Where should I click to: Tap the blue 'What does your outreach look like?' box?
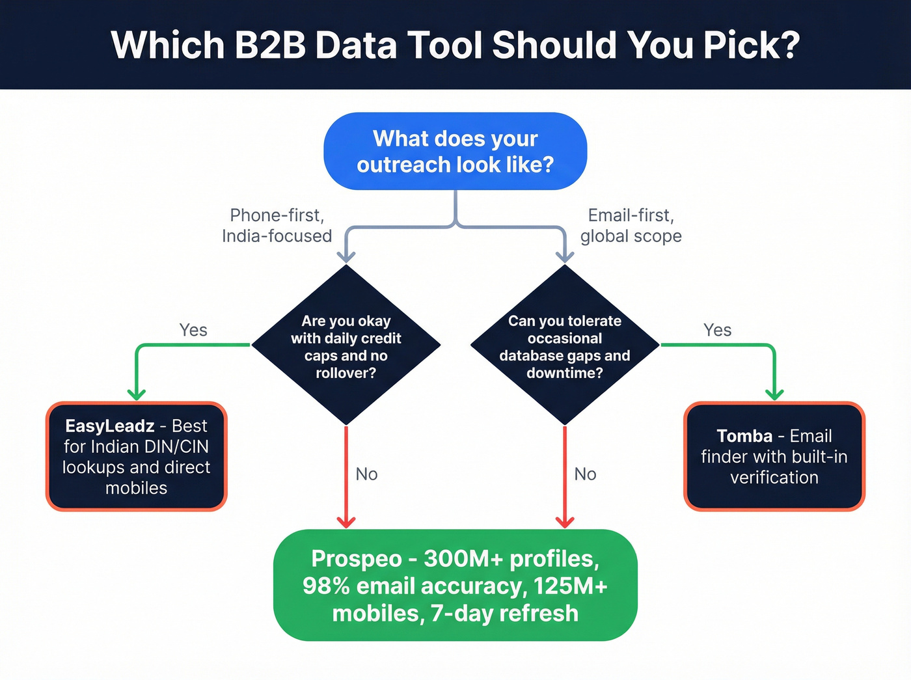pos(455,152)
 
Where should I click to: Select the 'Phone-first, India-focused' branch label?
pos(277,225)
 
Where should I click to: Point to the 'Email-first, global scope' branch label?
pos(631,225)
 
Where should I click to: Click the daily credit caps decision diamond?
pos(346,346)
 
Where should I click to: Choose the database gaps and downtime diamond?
pos(565,346)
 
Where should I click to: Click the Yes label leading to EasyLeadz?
pos(193,330)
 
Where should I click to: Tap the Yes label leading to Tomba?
pos(717,330)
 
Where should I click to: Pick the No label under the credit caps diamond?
pos(366,474)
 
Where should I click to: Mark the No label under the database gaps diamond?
pos(585,474)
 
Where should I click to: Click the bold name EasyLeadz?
pos(110,426)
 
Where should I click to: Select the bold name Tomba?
pos(744,436)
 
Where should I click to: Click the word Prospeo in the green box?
pos(357,559)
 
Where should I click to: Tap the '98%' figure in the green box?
pos(327,586)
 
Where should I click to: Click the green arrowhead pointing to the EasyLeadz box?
pos(137,394)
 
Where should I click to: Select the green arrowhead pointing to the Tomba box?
pos(774,394)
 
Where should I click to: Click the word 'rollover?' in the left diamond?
pos(346,373)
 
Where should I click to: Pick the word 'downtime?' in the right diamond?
pos(565,373)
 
